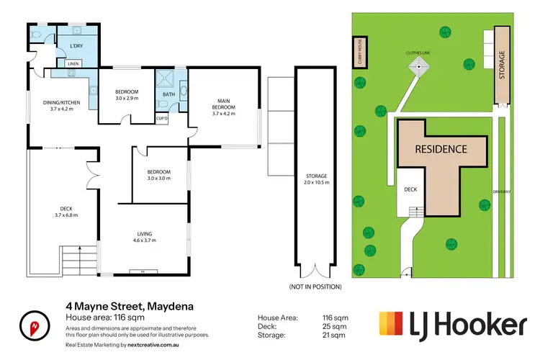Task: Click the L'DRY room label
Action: [x=74, y=47]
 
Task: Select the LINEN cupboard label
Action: [x=73, y=64]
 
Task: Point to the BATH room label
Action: [x=168, y=94]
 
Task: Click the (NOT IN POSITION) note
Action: [x=315, y=287]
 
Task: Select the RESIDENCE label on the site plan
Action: [x=441, y=149]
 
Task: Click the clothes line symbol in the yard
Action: [x=418, y=66]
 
